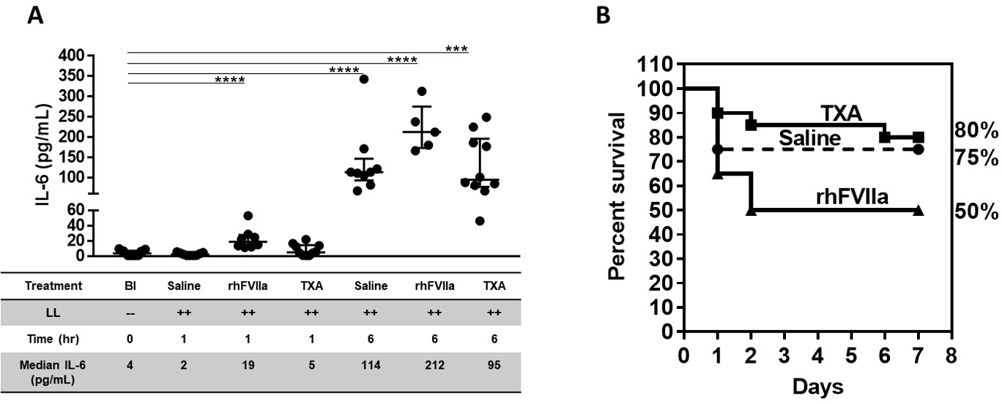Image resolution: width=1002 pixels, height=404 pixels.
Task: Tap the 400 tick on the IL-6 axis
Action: [72, 56]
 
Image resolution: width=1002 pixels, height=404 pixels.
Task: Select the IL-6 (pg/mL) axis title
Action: [43, 154]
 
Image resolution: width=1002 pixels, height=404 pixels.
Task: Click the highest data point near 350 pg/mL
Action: [364, 80]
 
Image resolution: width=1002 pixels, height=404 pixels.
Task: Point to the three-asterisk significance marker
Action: [456, 49]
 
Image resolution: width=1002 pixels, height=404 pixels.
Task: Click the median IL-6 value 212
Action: [434, 365]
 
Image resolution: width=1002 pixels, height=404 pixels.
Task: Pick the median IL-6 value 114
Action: [371, 365]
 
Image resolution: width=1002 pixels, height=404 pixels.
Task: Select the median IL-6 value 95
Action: [494, 365]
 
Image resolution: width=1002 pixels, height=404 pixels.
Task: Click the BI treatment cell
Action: [130, 286]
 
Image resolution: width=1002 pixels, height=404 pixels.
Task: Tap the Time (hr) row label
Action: [53, 339]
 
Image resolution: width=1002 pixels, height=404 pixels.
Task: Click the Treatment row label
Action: [53, 286]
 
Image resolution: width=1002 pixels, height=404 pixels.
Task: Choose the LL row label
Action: [53, 313]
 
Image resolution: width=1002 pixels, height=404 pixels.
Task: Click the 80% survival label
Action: [976, 130]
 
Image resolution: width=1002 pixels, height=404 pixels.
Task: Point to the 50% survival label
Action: [976, 212]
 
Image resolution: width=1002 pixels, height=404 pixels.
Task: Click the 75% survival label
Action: [976, 157]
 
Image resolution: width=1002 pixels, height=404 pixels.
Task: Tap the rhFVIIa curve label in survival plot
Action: [852, 197]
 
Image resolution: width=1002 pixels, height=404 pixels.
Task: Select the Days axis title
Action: [817, 387]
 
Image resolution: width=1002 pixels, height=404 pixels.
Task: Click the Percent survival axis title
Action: [617, 197]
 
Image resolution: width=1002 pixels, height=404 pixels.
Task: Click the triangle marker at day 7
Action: [918, 211]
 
